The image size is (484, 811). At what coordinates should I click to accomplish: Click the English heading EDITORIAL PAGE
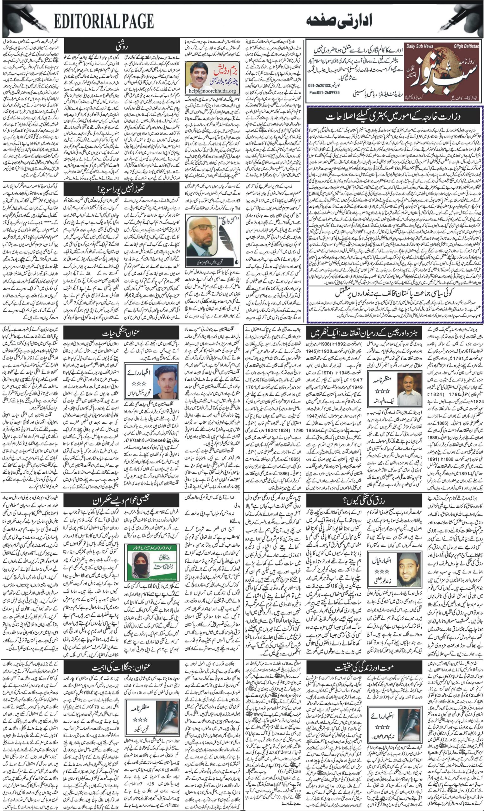pyautogui.click(x=104, y=22)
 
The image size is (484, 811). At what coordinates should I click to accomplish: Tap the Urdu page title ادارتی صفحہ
pyautogui.click(x=339, y=21)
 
